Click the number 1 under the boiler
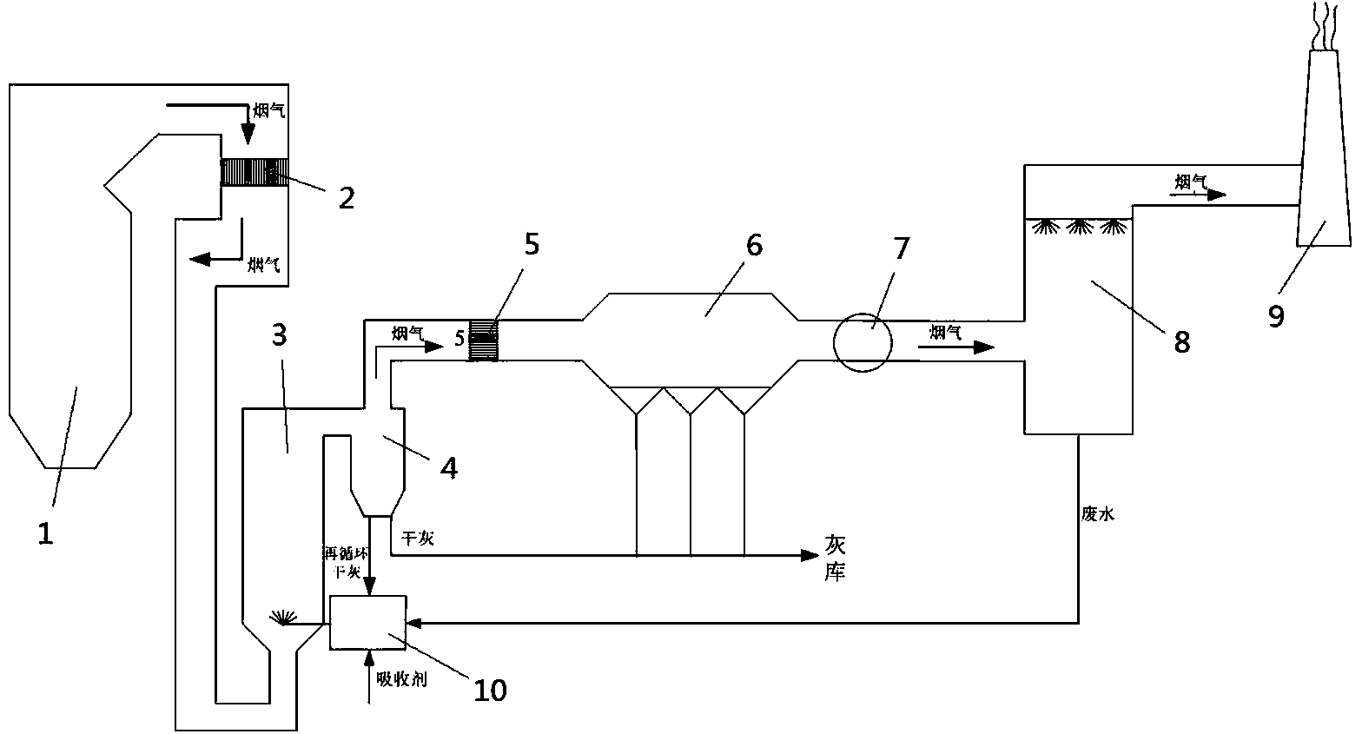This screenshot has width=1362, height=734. pos(45,532)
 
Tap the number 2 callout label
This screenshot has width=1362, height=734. pos(346,198)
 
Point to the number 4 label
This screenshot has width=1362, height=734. pos(448,467)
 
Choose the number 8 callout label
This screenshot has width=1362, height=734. pos(1181,341)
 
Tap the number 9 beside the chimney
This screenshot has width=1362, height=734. pos(1275,316)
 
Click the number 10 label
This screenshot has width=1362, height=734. pos(489,690)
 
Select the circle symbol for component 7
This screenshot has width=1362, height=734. pos(863,341)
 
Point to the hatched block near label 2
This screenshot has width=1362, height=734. pos(255,172)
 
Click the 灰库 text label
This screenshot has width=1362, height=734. pos(834,558)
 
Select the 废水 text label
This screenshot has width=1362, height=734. pos(1097,514)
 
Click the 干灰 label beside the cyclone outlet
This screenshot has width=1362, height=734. pos(413,539)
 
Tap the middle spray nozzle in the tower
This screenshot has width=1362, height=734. pos(1079,228)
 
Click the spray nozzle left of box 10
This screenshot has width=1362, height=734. pos(281,618)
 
